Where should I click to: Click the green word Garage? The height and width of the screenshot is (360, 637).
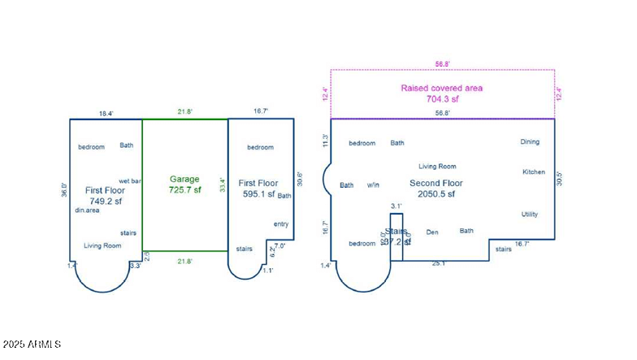point(184,179)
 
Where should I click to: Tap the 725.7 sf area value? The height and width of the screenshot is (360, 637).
point(184,189)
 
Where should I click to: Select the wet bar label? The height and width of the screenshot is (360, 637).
point(130,180)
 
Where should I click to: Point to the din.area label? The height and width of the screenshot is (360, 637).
point(87,210)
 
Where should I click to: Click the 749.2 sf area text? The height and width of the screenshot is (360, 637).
point(104,201)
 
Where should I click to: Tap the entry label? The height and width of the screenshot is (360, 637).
point(281,224)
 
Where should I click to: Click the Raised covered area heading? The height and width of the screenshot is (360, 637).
point(442,88)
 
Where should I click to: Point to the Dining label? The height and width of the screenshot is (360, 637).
point(530,142)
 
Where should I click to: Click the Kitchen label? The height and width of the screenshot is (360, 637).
point(534,172)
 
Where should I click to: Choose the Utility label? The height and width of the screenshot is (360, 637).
point(530,215)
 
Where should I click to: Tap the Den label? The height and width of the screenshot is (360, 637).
point(432,232)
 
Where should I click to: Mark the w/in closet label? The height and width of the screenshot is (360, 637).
point(374,185)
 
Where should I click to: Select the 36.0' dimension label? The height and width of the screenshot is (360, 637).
point(63,189)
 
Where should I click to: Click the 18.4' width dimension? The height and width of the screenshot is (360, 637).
point(106,114)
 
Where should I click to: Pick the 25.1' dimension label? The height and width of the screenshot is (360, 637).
point(438,262)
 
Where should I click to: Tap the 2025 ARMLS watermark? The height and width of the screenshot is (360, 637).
point(32,345)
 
